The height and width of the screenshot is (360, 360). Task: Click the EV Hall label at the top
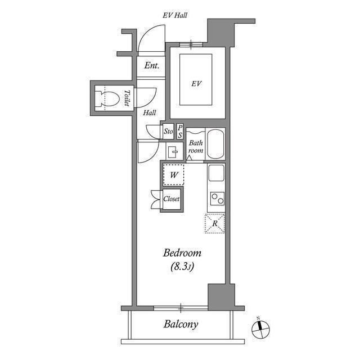point(175,15)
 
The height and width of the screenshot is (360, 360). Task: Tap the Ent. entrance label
point(151,65)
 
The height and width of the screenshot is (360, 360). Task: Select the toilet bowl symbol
point(107,99)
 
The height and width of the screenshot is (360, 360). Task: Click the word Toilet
point(127,98)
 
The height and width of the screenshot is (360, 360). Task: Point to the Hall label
point(150,112)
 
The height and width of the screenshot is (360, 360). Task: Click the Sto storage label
point(168,131)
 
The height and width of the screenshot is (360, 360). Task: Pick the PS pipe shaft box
point(180,132)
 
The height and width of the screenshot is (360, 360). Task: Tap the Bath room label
point(196,146)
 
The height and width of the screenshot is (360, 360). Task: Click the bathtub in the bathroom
point(215,144)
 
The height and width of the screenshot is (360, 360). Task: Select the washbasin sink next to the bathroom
point(173,152)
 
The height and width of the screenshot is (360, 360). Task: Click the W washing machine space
point(174,175)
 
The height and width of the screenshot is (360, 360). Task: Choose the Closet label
point(171,199)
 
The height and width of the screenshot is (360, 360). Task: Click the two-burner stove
point(217,199)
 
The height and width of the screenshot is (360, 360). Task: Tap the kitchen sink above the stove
point(216,173)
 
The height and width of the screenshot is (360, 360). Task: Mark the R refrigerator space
point(215,223)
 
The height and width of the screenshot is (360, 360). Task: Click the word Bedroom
point(182,253)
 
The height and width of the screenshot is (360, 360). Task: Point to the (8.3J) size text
point(182,267)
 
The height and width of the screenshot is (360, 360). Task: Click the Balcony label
point(181,325)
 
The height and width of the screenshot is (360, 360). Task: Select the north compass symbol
point(260,328)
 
